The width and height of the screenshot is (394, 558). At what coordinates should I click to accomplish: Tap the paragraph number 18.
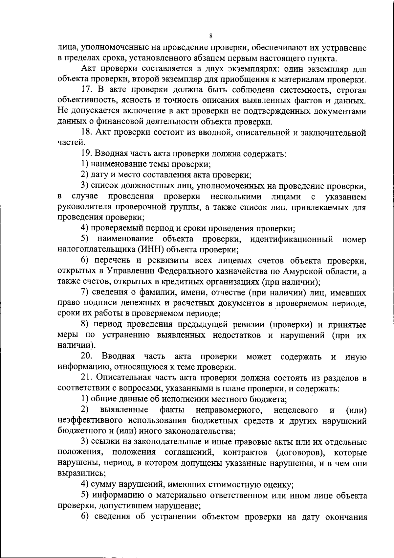tap(86, 132)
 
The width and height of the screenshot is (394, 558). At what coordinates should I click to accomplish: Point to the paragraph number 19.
tap(86, 154)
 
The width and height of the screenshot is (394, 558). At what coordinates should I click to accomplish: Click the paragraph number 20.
tap(87, 357)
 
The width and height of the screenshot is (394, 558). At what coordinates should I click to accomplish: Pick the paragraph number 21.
tap(86, 378)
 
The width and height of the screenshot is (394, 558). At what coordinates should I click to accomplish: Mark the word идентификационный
tap(292, 239)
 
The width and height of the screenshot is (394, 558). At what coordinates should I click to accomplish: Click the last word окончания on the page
tap(346, 517)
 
